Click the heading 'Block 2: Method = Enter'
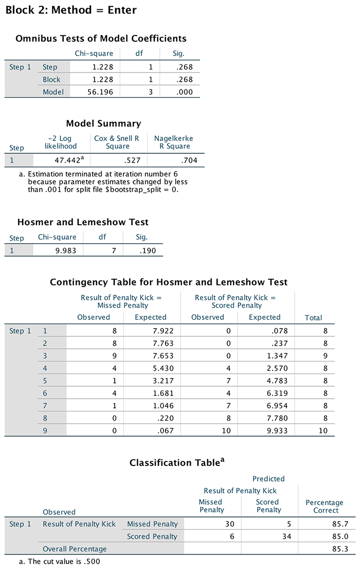[70, 10]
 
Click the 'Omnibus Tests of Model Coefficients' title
[101, 39]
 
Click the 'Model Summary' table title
[103, 123]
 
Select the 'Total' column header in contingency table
[313, 318]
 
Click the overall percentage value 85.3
[339, 549]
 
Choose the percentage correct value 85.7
[339, 524]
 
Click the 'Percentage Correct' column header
[324, 506]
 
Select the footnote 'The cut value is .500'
[60, 561]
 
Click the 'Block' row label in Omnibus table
[51, 80]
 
